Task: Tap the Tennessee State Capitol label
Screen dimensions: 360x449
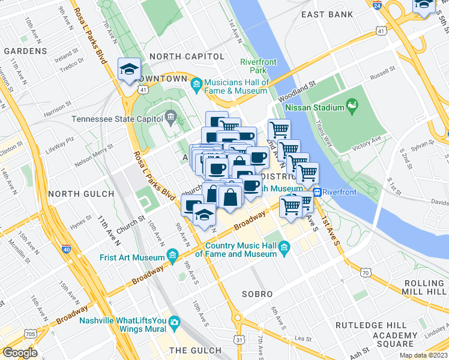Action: point(118,119)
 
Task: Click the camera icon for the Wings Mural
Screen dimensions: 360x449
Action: point(174,322)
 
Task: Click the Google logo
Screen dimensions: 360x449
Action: point(20,353)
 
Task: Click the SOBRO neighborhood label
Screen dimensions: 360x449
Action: point(258,295)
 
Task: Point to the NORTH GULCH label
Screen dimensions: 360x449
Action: point(80,194)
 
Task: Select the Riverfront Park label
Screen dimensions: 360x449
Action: point(258,66)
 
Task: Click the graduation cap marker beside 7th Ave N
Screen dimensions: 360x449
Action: point(129,70)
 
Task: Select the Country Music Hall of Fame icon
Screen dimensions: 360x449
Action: point(285,247)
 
